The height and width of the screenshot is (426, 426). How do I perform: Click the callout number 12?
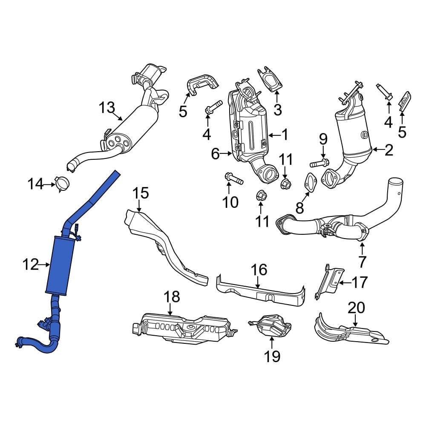pos(31,265)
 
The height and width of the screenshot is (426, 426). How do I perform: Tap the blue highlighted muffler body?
pos(60,264)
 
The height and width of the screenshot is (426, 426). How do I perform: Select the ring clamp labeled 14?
pos(63,184)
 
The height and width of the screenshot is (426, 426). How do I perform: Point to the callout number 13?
pos(107,107)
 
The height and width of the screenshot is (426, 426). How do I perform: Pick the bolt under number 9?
pos(318,163)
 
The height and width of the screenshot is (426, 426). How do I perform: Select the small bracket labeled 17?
pos(331,281)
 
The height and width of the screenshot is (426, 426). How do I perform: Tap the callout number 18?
pos(172,297)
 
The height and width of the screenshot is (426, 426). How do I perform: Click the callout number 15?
pos(140,193)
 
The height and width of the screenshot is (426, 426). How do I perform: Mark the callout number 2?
pos(389,150)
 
